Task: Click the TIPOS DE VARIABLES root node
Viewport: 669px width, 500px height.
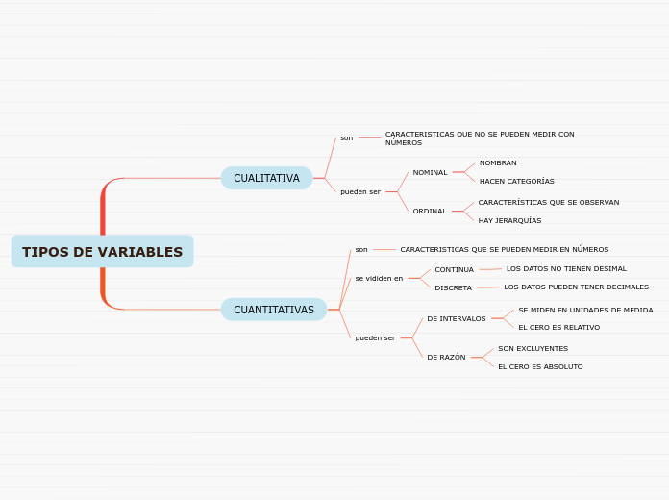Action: [102, 252]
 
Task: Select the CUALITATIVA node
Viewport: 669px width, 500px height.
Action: [266, 178]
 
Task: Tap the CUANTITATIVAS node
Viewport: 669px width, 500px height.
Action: [274, 310]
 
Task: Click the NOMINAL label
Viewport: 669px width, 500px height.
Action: [430, 173]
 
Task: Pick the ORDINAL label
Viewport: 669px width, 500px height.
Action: [430, 212]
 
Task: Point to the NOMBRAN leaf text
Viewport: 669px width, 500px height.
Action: [498, 163]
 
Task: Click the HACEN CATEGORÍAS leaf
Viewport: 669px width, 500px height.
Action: [516, 182]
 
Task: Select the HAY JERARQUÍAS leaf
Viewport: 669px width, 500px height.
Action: [509, 221]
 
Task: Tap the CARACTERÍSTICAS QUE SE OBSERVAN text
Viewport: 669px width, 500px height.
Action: [548, 203]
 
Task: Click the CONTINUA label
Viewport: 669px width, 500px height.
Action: [454, 270]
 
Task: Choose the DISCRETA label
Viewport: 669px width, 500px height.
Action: [453, 288]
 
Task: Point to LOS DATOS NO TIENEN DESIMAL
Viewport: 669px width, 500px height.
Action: [566, 269]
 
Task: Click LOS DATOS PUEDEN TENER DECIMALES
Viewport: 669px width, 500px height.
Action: [576, 287]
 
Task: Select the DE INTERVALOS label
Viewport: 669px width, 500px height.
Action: [457, 319]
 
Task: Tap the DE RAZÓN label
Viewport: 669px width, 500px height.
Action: [446, 358]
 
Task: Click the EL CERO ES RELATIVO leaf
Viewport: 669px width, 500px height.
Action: [558, 328]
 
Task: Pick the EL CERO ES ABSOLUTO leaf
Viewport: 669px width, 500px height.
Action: [540, 367]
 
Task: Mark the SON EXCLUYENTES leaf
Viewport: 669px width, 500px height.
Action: [533, 349]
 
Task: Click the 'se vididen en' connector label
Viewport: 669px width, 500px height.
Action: [379, 279]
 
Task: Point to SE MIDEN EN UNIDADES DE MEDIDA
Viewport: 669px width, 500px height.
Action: [585, 311]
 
